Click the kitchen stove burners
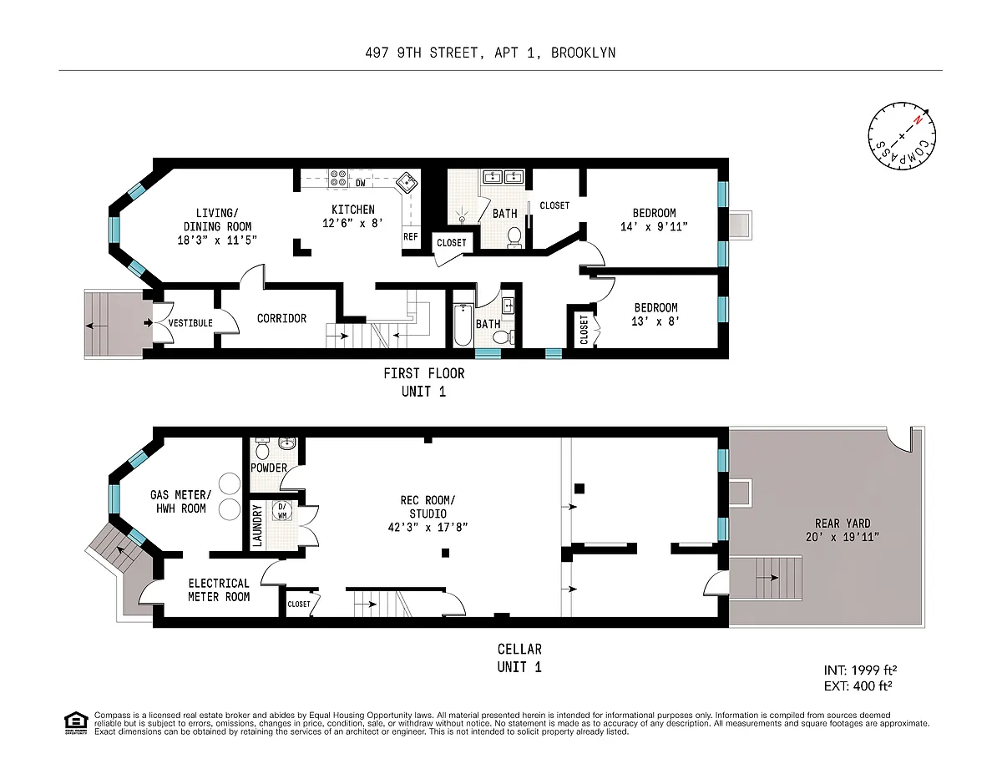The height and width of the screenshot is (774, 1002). pyautogui.click(x=338, y=179)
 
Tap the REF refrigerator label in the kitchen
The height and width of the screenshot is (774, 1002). pyautogui.click(x=410, y=236)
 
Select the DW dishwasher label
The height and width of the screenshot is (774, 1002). pyautogui.click(x=361, y=183)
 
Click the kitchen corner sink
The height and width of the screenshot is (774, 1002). pyautogui.click(x=407, y=183)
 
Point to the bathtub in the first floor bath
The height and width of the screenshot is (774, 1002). pyautogui.click(x=463, y=325)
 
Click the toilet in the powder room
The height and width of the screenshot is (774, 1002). pyautogui.click(x=262, y=448)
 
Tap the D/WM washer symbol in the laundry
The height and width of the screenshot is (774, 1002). pyautogui.click(x=281, y=510)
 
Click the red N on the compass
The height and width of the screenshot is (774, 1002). pyautogui.click(x=918, y=120)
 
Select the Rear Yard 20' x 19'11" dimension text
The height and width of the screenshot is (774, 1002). pyautogui.click(x=843, y=537)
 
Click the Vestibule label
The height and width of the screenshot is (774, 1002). pyautogui.click(x=190, y=323)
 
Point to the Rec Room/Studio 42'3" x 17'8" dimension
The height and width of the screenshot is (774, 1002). pyautogui.click(x=428, y=528)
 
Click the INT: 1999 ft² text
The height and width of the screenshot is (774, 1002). pyautogui.click(x=860, y=670)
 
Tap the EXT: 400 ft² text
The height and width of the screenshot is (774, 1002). pyautogui.click(x=858, y=686)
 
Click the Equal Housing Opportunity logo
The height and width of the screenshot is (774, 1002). pyautogui.click(x=76, y=723)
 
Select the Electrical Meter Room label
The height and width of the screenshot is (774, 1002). pyautogui.click(x=219, y=590)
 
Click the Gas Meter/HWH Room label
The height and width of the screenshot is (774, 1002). pyautogui.click(x=180, y=502)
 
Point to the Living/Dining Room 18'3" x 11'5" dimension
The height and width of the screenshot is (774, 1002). pyautogui.click(x=217, y=240)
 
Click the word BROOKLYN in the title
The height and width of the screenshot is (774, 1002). pyautogui.click(x=584, y=53)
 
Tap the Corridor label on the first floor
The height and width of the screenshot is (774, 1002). pyautogui.click(x=281, y=319)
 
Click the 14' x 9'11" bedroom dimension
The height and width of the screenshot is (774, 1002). pyautogui.click(x=654, y=227)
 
